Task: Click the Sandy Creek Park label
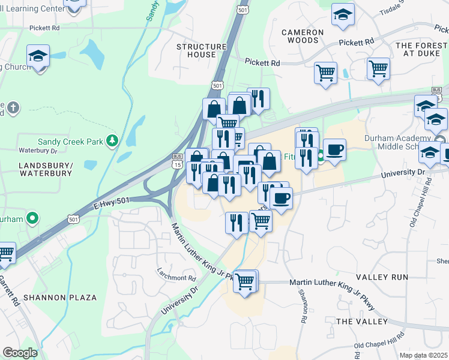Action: [x=71, y=140]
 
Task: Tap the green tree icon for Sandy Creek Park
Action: [x=111, y=140]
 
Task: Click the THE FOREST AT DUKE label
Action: [x=422, y=49]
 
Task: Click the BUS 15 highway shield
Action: [x=177, y=160]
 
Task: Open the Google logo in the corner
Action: [x=20, y=353]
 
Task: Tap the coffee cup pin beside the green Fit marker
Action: [x=334, y=149]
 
